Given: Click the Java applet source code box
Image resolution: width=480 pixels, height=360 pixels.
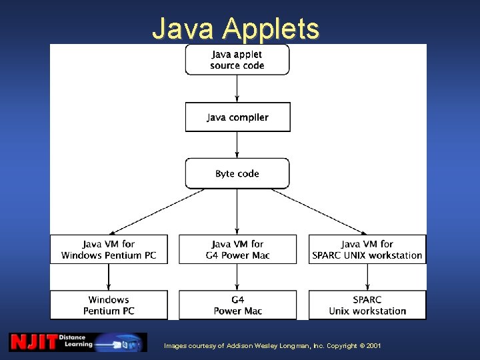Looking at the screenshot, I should [x=237, y=59].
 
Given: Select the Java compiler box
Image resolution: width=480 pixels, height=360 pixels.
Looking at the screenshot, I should [x=237, y=117].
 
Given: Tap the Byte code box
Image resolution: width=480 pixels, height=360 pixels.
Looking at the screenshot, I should [x=237, y=173].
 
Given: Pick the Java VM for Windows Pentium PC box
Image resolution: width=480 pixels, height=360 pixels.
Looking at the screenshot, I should [x=109, y=249].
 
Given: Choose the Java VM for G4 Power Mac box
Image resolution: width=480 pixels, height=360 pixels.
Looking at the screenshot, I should [x=237, y=249].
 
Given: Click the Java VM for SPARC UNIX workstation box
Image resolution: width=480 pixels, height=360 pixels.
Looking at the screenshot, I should [x=367, y=249].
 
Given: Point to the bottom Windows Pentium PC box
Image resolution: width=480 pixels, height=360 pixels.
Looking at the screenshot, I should [x=109, y=305].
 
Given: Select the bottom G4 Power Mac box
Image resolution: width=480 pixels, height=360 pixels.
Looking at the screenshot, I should [x=237, y=305].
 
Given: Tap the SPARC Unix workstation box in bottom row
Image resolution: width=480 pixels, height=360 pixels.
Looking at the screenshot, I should [x=367, y=305].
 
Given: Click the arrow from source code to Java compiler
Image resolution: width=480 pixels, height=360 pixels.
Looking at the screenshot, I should [x=237, y=88].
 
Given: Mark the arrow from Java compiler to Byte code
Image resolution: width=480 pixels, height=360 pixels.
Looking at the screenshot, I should [x=237, y=145].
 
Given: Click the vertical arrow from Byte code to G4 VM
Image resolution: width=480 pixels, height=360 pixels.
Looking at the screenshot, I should [x=237, y=211].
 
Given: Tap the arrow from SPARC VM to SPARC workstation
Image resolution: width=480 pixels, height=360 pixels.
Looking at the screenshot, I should [x=367, y=277].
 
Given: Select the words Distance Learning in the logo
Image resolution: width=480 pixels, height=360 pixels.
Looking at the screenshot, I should [x=72, y=341].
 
